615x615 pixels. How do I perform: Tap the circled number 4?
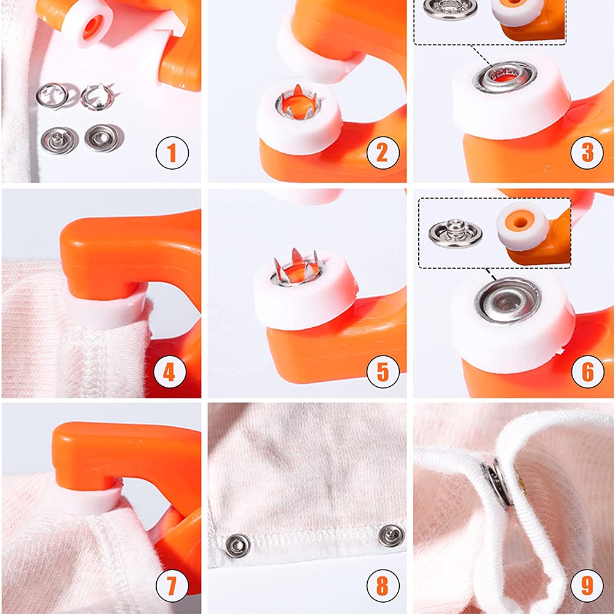coord(172,371)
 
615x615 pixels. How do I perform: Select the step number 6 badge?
coord(587,371)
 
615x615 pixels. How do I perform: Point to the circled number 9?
coord(587,585)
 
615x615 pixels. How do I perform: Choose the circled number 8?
coord(382,585)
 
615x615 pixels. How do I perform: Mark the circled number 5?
coord(382,371)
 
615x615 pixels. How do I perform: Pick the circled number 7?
coord(172,585)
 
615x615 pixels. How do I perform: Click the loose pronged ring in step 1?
coord(94,95)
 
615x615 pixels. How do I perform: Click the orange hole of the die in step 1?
coord(89,26)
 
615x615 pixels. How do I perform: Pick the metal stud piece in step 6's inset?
coord(455,229)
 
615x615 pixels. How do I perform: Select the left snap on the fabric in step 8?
coord(237,544)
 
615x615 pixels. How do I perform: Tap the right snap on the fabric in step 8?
coord(390,535)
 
